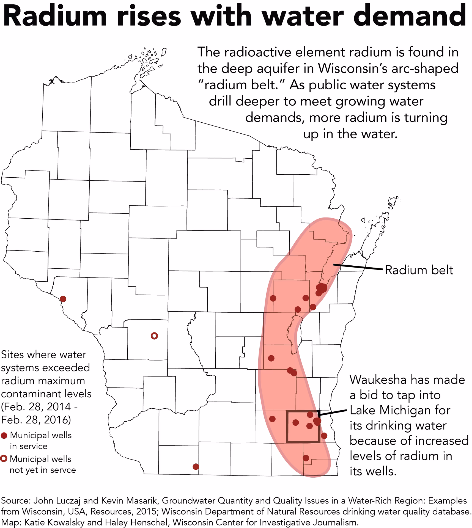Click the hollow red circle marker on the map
pos(154,336)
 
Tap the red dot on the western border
pos(63,299)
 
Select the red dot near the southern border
pos(196,467)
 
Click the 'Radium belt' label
pos(419,270)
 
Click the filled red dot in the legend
pos(4,435)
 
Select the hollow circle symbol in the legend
pos(4,459)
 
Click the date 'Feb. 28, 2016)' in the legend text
pos(36,420)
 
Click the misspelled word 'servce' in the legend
pos(63,470)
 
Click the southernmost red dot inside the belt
pos(306,458)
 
